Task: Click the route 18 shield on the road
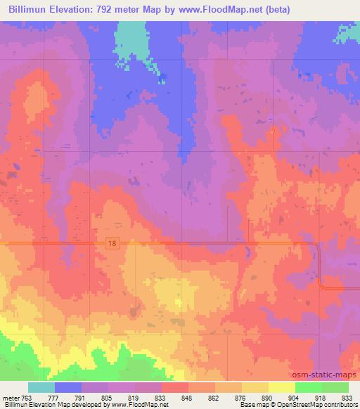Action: pyautogui.click(x=112, y=242)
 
